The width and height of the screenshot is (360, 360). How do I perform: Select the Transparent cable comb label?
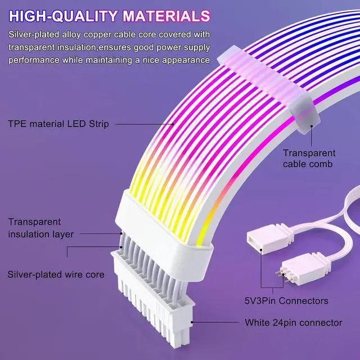pyautogui.click(x=309, y=158)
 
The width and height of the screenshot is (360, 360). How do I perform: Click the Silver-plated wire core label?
pyautogui.click(x=56, y=274)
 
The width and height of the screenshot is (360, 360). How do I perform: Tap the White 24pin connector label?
pyautogui.click(x=293, y=323)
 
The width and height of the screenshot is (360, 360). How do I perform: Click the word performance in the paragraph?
pyautogui.click(x=34, y=59)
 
